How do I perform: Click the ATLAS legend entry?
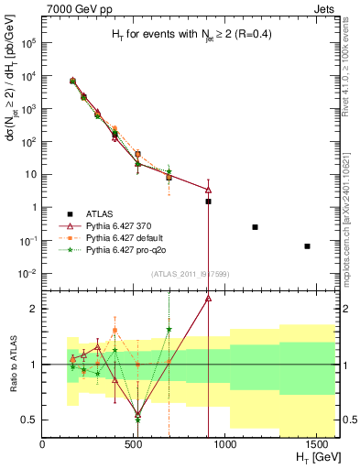(111, 212)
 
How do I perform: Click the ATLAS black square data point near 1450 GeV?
(308, 245)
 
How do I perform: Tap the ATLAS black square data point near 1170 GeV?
(255, 227)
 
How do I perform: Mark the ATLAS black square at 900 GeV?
(209, 201)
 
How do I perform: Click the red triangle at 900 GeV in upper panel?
(209, 190)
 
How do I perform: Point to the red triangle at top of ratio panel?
(209, 298)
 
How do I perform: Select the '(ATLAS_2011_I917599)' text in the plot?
(190, 275)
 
